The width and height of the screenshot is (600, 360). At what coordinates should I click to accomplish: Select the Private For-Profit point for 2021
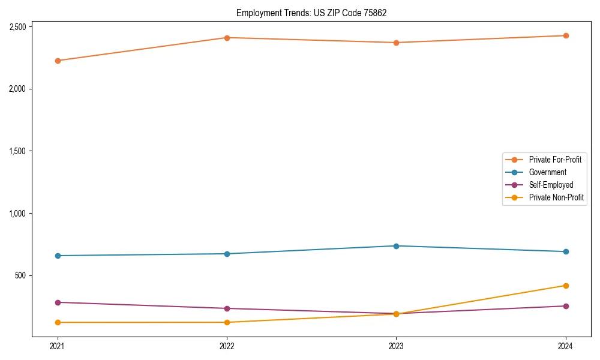point(58,61)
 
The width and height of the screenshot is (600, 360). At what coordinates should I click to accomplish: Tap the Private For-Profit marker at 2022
point(227,38)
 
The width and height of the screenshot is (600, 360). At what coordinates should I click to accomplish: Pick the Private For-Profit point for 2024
point(566,35)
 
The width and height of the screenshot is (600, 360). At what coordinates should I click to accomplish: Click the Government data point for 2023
point(396,246)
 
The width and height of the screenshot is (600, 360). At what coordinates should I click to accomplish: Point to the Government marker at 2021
point(58,256)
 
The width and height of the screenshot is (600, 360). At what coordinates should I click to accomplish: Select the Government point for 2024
point(566,251)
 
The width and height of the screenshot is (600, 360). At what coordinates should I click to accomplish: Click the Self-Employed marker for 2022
point(227,308)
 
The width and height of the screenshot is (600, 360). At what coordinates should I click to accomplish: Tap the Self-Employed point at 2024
point(566,306)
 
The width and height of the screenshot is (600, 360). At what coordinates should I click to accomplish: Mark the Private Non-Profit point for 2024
point(566,286)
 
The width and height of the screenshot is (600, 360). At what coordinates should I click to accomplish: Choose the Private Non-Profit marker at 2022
point(227,322)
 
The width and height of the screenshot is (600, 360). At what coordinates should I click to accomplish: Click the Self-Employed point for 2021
point(58,302)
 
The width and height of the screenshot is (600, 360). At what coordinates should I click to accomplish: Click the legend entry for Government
point(547,172)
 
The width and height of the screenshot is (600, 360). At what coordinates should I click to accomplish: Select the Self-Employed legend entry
point(551,185)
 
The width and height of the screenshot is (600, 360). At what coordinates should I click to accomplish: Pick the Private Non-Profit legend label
point(556,197)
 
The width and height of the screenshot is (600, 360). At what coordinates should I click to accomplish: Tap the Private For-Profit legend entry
point(555,160)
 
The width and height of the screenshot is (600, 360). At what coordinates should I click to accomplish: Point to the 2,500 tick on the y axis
point(17,27)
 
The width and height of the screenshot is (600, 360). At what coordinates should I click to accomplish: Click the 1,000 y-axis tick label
point(17,214)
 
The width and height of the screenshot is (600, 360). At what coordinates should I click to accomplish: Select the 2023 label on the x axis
point(396,346)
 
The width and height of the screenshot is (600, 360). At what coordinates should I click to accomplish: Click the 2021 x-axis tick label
point(58,346)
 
